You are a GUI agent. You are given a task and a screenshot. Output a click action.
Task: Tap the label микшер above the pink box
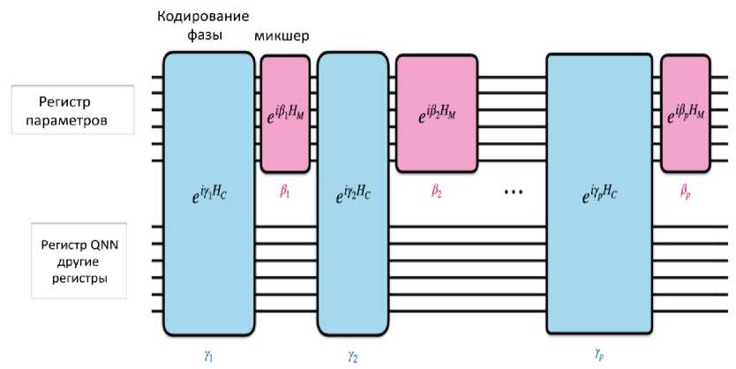click(285, 37)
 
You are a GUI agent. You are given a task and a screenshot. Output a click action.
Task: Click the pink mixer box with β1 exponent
click(284, 112)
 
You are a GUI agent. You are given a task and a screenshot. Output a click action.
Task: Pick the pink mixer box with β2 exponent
click(437, 112)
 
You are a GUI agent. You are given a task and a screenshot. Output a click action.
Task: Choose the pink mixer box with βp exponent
click(686, 112)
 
